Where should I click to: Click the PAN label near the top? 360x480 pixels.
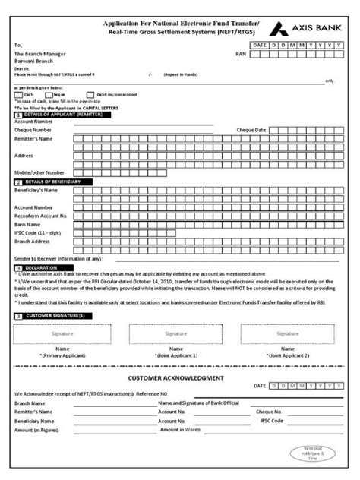click(242, 55)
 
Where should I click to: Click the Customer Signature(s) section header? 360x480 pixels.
click(54, 315)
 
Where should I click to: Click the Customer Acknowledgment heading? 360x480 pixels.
click(175, 377)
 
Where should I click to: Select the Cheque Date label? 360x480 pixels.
click(251, 130)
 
